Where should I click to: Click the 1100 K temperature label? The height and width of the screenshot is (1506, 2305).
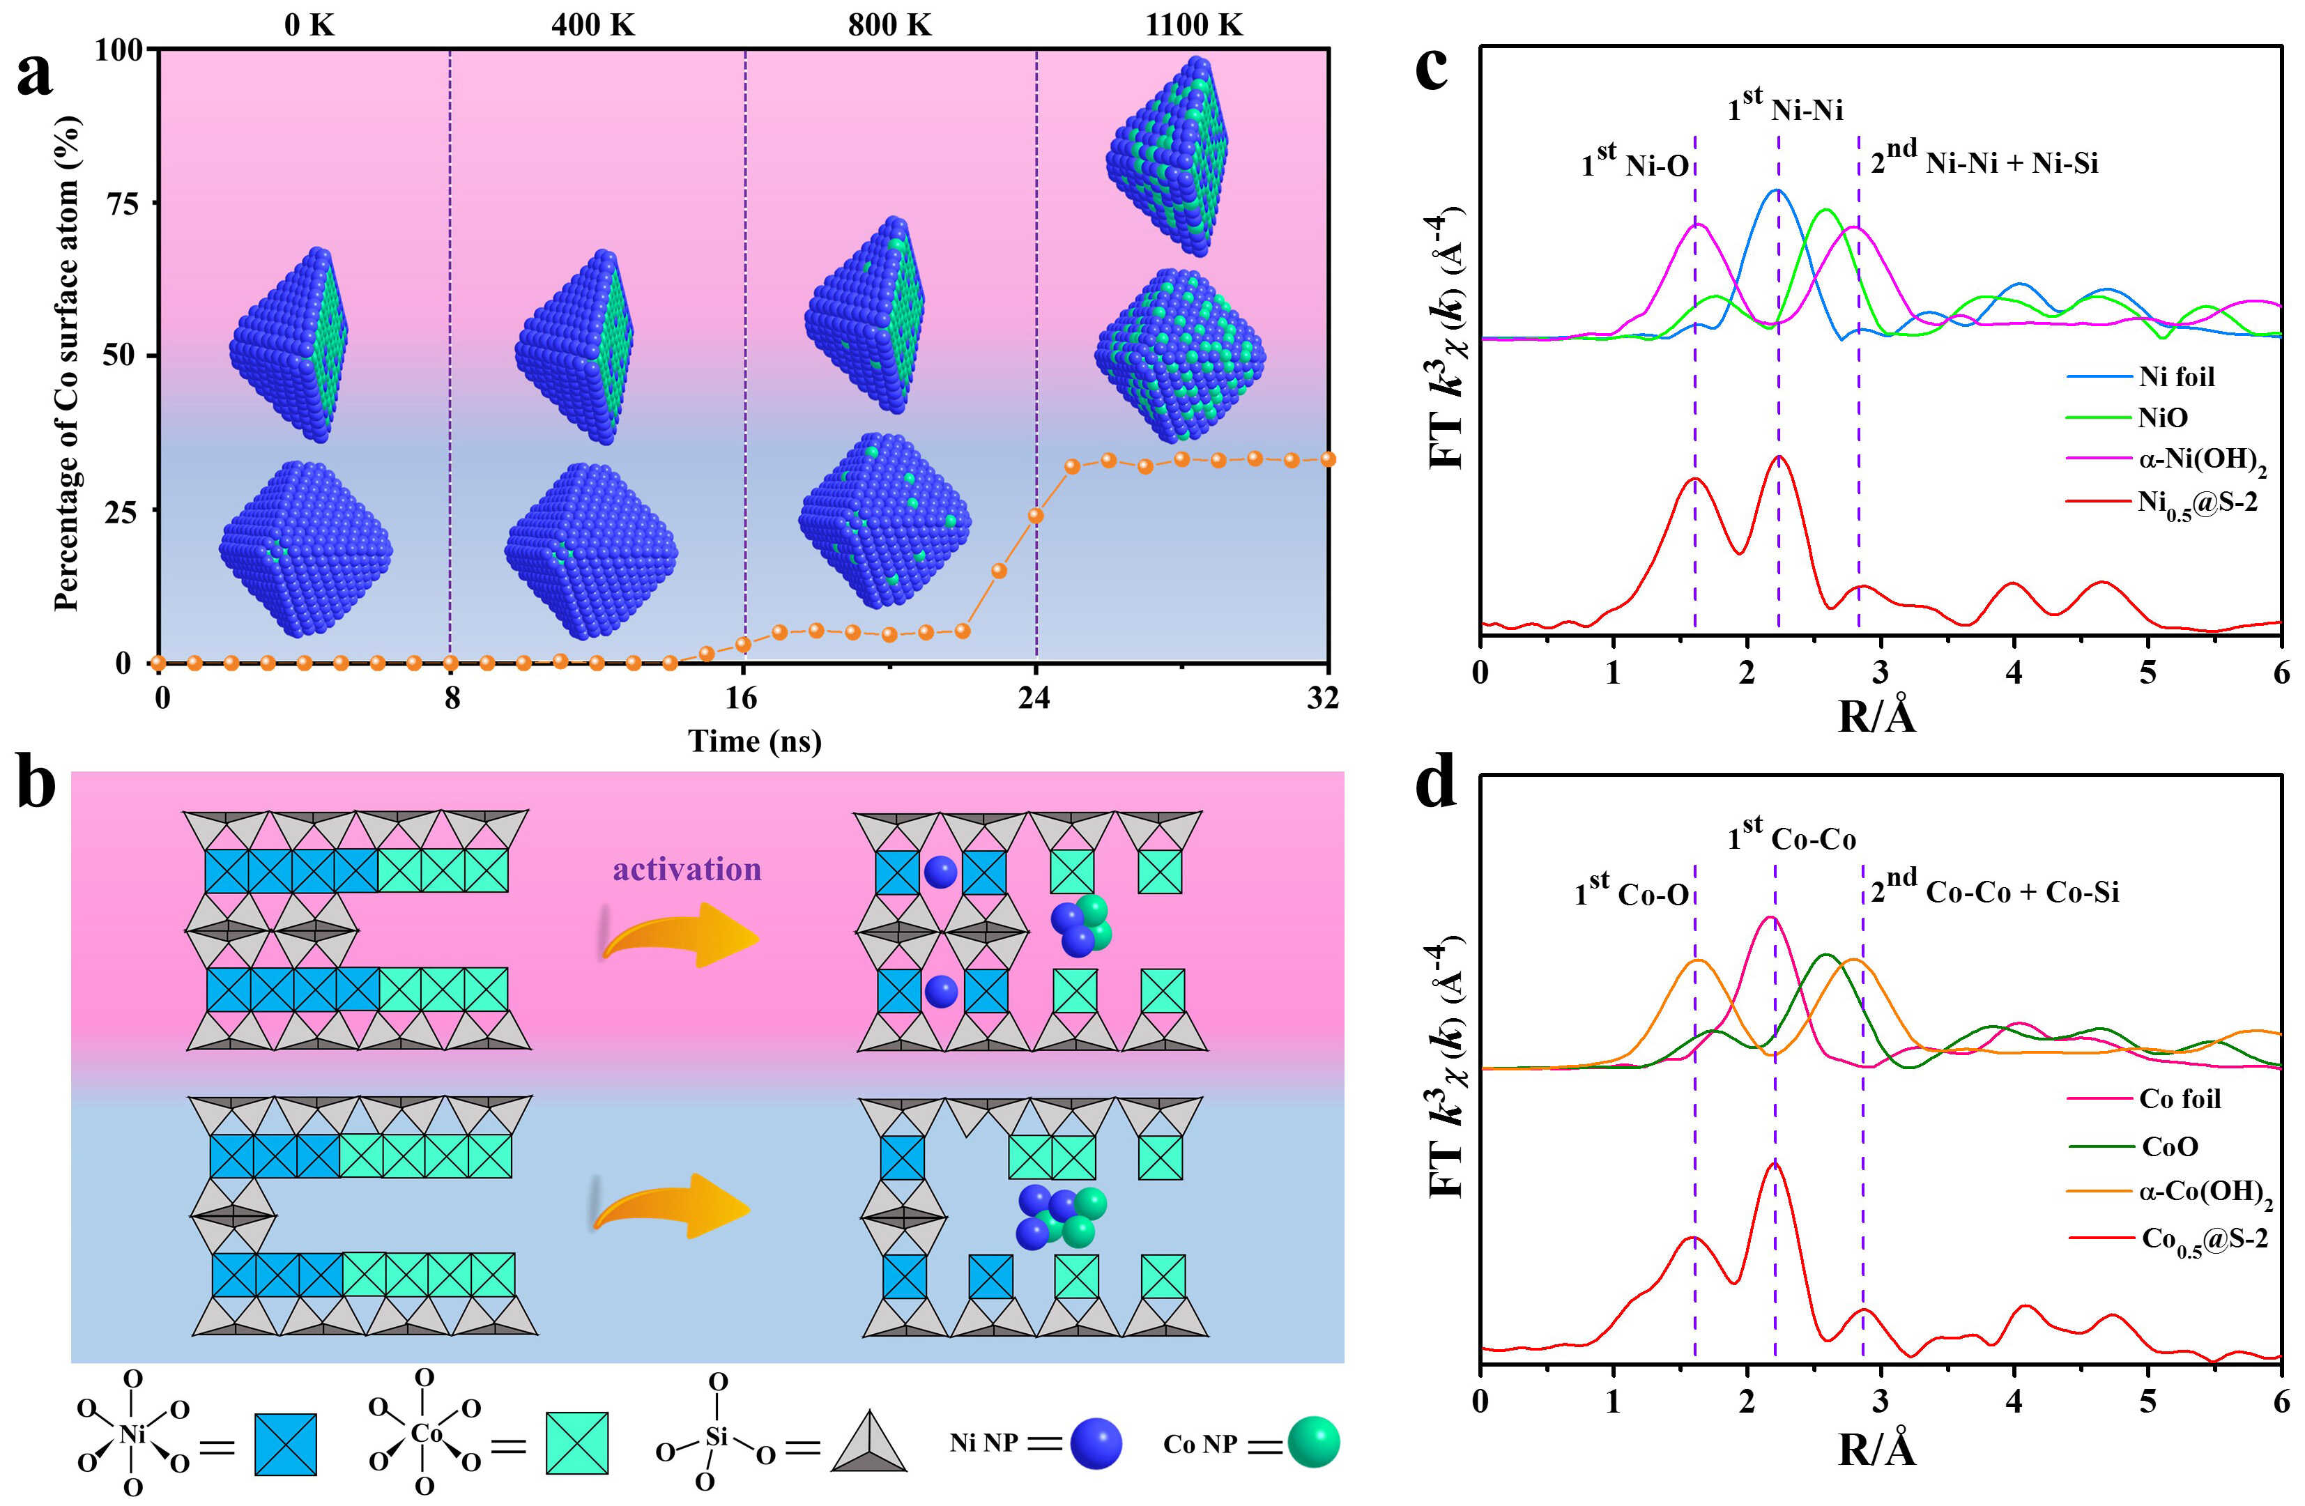pyautogui.click(x=1193, y=24)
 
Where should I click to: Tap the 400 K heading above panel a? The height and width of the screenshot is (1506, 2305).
pyautogui.click(x=592, y=24)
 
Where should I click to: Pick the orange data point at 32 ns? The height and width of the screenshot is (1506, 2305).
pyautogui.click(x=1328, y=459)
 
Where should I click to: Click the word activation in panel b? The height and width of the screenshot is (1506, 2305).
pyautogui.click(x=687, y=869)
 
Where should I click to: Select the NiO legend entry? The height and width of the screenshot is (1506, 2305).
pyautogui.click(x=2163, y=417)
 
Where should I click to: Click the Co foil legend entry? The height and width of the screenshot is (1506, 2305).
pyautogui.click(x=2179, y=1098)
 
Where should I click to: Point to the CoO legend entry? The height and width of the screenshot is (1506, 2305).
pyautogui.click(x=2169, y=1146)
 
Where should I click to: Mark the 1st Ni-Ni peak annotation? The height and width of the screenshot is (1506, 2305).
pyautogui.click(x=1785, y=107)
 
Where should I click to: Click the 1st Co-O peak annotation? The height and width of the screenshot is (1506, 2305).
pyautogui.click(x=1631, y=892)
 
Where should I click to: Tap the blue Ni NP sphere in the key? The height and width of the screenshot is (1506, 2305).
pyautogui.click(x=1096, y=1444)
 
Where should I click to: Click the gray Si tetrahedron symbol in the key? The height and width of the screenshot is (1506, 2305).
pyautogui.click(x=868, y=1443)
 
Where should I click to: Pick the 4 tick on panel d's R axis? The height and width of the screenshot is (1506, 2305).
pyautogui.click(x=2014, y=1401)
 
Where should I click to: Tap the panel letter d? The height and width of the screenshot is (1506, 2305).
pyautogui.click(x=1435, y=785)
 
